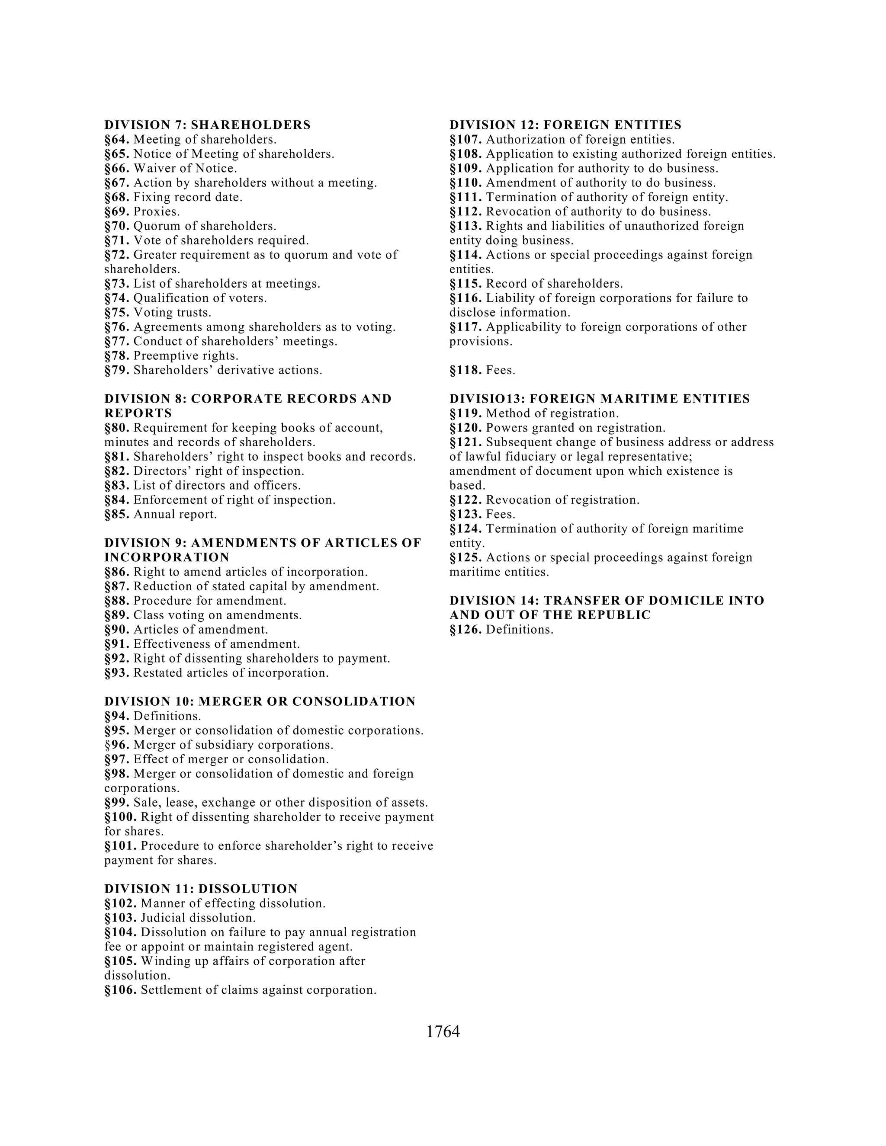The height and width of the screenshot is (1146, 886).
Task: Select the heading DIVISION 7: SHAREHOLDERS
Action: (x=207, y=125)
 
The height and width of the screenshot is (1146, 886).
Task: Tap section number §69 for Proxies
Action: (x=116, y=211)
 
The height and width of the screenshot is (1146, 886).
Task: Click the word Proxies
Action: (x=157, y=211)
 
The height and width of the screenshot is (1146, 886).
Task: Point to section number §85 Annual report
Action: (x=116, y=514)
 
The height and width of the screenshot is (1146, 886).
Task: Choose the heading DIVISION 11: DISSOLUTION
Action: (x=200, y=888)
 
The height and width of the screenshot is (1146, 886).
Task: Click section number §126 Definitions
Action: (x=465, y=630)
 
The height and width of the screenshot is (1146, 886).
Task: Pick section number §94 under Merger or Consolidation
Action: (x=116, y=716)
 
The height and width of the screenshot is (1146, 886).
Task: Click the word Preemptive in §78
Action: (x=165, y=356)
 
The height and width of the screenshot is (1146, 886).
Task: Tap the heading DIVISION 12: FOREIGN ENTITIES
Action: (x=565, y=125)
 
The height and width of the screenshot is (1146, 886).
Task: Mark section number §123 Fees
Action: (x=465, y=514)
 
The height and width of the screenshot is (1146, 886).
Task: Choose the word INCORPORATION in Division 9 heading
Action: (x=167, y=557)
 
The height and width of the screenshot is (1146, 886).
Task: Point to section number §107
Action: (x=465, y=140)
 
